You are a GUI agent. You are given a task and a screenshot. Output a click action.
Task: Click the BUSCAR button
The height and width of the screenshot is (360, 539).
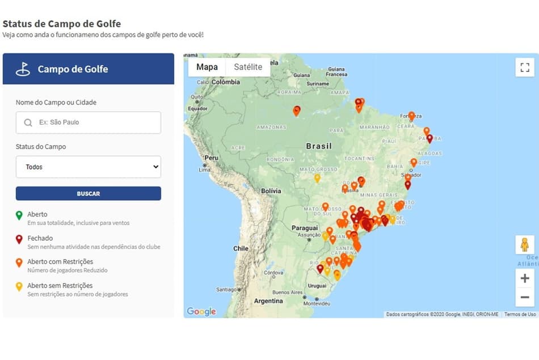click(88, 193)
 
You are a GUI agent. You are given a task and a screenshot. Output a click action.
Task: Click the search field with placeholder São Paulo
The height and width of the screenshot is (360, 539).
click(88, 122)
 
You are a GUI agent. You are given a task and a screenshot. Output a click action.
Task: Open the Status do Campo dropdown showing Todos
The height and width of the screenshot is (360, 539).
click(88, 167)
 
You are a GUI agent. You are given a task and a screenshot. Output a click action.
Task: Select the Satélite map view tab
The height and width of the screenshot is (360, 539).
click(248, 67)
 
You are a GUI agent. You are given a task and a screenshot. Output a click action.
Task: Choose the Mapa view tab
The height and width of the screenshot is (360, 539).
click(207, 67)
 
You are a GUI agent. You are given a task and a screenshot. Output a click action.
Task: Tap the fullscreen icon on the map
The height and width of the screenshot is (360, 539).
click(525, 67)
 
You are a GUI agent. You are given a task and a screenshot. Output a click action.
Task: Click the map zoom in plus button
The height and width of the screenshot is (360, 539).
click(525, 278)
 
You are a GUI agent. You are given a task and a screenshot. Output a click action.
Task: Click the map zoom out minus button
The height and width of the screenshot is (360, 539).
click(525, 297)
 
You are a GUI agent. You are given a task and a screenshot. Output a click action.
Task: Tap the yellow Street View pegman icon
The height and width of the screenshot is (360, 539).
click(525, 245)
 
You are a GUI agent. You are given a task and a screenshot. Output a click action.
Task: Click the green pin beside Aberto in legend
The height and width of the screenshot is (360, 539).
click(19, 215)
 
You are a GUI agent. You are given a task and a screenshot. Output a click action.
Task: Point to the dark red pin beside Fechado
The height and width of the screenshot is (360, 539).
click(19, 239)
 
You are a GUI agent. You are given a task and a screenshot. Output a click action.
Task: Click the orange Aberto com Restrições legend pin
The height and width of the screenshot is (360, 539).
click(19, 263)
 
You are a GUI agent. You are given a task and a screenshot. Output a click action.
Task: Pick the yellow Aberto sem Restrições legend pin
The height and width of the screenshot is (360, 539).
click(19, 287)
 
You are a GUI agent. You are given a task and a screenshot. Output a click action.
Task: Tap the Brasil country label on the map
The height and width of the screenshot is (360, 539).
click(319, 146)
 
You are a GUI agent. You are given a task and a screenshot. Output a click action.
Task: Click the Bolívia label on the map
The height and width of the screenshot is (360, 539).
click(271, 191)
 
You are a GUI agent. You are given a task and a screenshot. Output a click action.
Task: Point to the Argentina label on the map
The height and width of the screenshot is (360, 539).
click(268, 300)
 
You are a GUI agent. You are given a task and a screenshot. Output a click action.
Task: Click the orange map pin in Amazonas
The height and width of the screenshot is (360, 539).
click(296, 111)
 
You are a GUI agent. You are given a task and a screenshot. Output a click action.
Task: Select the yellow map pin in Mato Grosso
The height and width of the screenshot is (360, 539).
click(317, 178)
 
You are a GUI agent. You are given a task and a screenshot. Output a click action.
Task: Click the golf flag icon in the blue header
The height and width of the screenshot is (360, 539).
click(23, 69)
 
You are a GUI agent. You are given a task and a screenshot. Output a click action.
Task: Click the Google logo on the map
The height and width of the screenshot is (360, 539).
click(201, 311)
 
